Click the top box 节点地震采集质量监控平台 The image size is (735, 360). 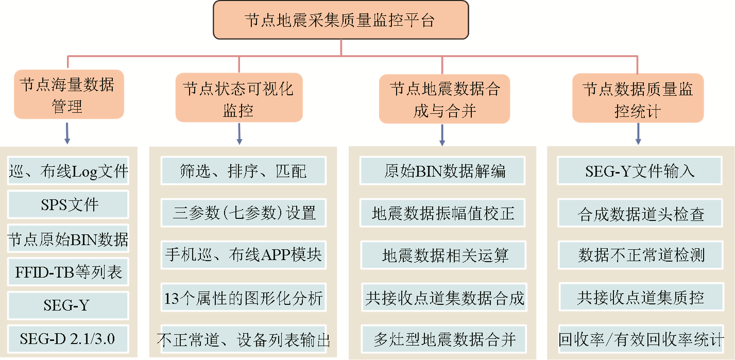pos(340,20)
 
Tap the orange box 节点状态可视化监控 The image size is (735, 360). pos(238,97)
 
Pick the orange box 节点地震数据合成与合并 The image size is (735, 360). pos(445,98)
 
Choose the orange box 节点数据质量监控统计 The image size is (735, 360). pos(638,98)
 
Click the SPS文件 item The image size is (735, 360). pos(69,204)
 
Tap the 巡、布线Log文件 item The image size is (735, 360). pos(69,171)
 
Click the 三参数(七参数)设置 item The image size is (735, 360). pos(244,212)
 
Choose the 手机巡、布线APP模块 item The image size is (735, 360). pos(244,254)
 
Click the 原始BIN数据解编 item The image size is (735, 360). pos(445,170)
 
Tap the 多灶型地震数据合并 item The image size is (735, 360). pos(445,339)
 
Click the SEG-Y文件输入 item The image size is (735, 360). pos(640,170)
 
